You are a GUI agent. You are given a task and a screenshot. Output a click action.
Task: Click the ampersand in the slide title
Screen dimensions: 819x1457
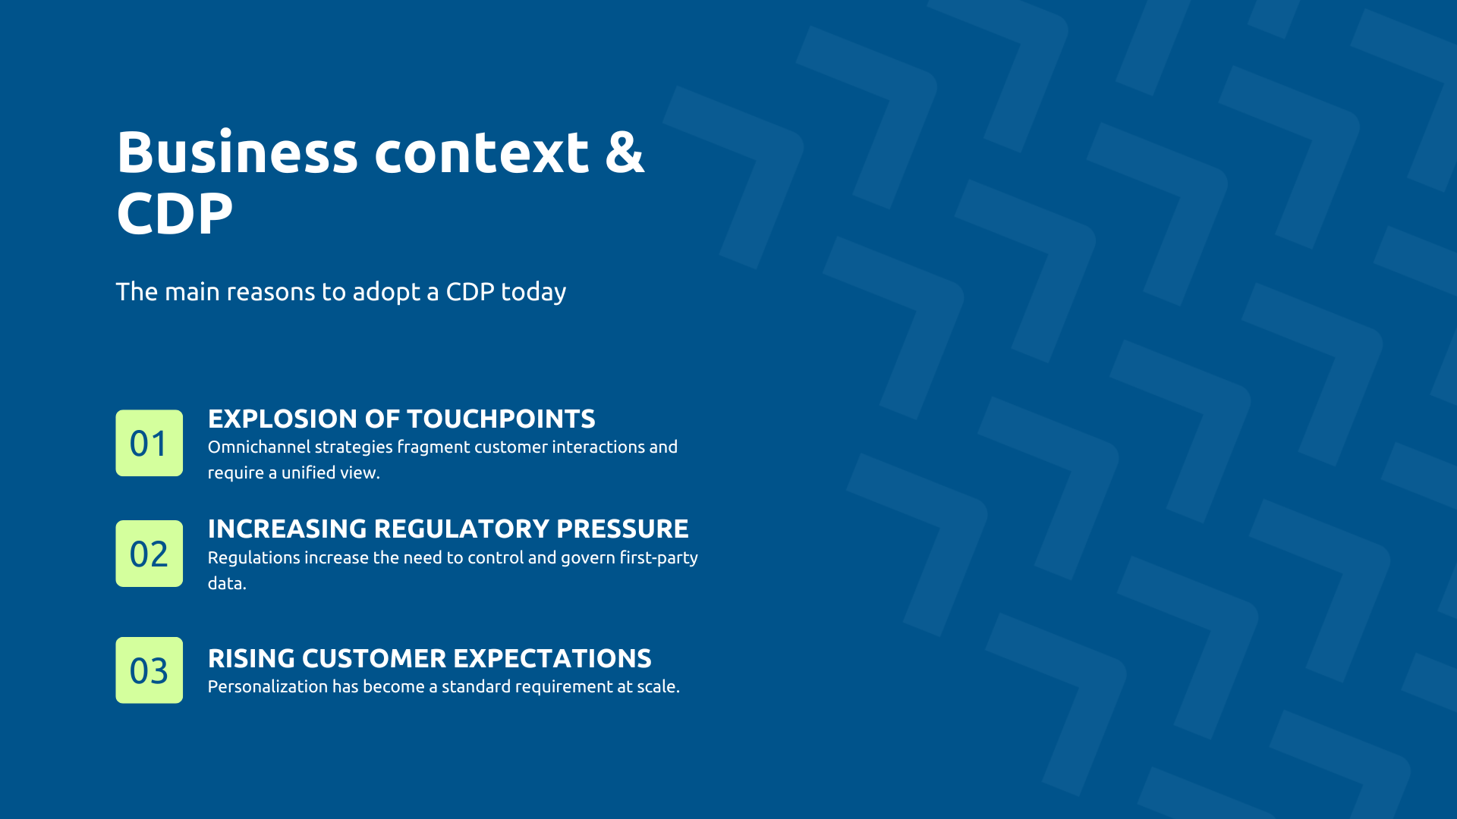624,152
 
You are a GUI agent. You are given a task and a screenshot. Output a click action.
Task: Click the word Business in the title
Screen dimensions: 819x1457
237,152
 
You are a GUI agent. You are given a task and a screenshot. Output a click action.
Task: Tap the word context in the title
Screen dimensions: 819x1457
481,152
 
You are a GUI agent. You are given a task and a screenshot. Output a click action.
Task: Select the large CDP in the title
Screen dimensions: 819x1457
175,214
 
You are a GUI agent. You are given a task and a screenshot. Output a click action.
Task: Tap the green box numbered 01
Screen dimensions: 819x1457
149,443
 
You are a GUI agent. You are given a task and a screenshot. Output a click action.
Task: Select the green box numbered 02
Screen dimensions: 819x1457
149,554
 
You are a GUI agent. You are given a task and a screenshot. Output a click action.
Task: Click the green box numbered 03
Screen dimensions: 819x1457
149,670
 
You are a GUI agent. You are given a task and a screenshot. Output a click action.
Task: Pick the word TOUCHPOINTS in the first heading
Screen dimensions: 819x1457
501,419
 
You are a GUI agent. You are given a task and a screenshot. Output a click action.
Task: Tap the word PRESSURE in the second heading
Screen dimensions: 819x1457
622,529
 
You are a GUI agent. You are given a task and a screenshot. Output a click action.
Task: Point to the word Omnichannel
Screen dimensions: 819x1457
259,447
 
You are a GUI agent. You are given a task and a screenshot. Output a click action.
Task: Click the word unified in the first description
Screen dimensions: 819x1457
308,473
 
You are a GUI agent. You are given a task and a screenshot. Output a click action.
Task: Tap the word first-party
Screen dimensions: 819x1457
659,558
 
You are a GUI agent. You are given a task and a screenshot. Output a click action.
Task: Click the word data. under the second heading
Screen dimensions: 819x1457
227,584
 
